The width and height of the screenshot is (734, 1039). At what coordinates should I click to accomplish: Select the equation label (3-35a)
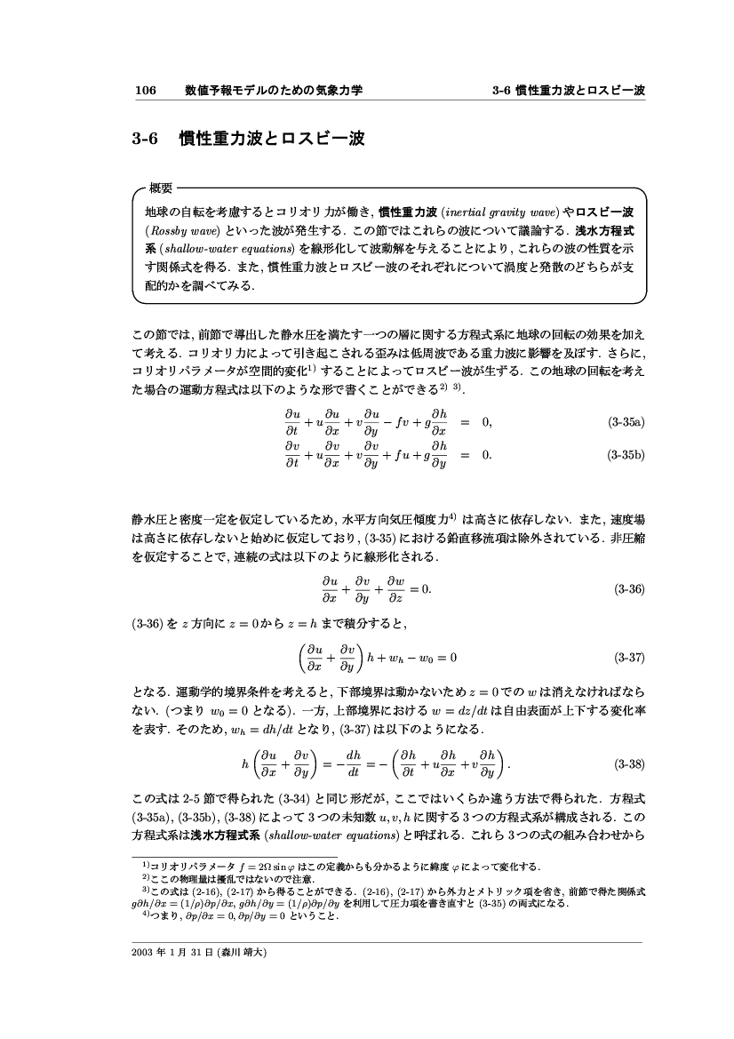(624, 423)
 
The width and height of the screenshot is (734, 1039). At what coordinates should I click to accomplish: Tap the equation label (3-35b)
(624, 455)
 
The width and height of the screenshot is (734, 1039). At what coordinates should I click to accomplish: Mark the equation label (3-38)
(628, 763)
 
